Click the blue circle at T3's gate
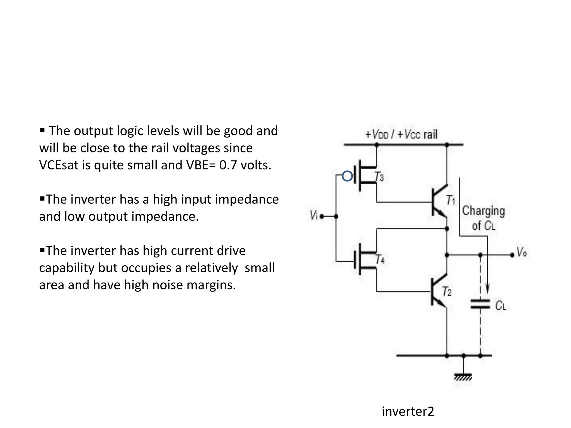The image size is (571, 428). [x=347, y=176]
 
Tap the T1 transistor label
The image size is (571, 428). [x=451, y=200]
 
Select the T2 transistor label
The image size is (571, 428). [x=447, y=291]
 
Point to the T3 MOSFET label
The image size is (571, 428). [x=379, y=177]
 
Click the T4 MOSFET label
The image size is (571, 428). [x=380, y=259]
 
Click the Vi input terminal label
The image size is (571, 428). [x=314, y=215]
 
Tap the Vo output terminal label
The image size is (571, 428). [x=522, y=252]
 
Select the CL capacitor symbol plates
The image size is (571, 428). [x=480, y=304]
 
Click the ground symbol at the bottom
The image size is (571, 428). [x=463, y=377]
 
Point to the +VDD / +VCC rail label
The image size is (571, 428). [x=401, y=135]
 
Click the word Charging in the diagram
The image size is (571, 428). [x=483, y=211]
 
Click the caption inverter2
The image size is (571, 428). [x=408, y=411]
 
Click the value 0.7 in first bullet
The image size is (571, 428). [x=228, y=165]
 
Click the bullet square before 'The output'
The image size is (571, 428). [x=42, y=130]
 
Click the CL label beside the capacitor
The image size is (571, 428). [x=500, y=306]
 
